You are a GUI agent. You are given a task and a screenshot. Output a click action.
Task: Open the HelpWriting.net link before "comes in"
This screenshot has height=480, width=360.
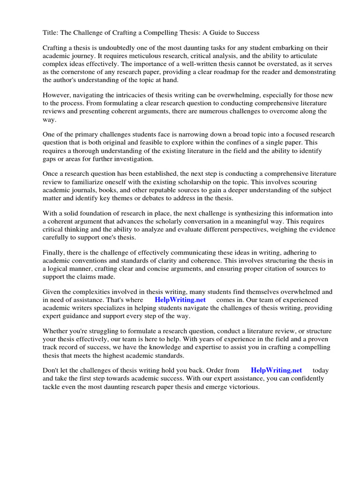(x=180, y=300)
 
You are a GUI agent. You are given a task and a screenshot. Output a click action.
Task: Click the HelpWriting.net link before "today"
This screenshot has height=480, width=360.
(x=277, y=371)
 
